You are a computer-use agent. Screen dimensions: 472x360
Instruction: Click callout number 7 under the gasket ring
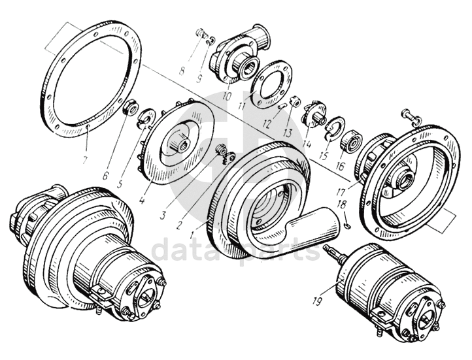tap(84, 159)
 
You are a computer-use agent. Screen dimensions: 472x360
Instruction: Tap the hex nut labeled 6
tap(130, 107)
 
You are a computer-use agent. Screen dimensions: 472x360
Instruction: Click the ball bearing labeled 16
tap(351, 140)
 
